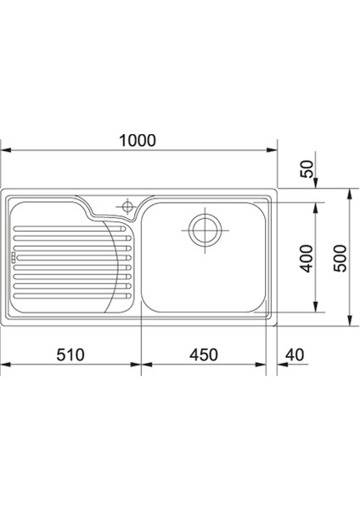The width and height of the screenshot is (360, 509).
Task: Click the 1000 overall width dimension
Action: [138, 141]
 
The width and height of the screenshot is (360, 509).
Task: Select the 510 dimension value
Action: [70, 355]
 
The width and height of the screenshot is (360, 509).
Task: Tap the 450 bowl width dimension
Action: [204, 355]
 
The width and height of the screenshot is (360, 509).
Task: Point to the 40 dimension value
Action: [295, 355]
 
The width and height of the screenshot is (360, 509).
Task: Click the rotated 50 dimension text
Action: [307, 169]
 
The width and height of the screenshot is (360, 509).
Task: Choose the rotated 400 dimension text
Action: [307, 259]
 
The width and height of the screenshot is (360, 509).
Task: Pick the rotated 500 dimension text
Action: [340, 259]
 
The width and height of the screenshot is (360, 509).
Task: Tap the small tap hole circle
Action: [127, 206]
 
